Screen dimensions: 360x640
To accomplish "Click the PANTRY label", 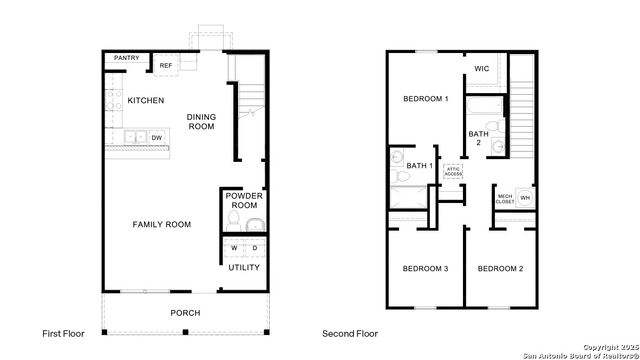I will (x=126, y=58).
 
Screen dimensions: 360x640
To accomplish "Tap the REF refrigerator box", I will (x=166, y=66).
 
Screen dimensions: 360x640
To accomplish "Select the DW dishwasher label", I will (x=157, y=137).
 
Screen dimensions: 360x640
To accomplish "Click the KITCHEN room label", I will (x=146, y=100).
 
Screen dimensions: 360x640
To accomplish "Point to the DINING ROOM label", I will (x=202, y=122).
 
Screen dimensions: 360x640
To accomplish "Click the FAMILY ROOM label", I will (x=162, y=225).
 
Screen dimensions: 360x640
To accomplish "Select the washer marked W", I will (x=234, y=248).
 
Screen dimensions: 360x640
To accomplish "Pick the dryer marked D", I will (x=254, y=248).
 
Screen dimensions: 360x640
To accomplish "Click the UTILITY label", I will (x=244, y=267).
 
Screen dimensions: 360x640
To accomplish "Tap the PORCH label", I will (x=185, y=313).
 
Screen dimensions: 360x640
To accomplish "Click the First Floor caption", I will (x=63, y=333).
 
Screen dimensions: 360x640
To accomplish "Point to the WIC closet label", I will (x=481, y=69).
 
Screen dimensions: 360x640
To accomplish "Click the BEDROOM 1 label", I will (x=425, y=99).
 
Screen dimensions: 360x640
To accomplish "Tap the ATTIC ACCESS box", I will (x=453, y=171).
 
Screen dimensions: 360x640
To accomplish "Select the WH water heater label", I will (x=524, y=198).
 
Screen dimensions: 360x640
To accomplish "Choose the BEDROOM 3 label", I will (x=425, y=269).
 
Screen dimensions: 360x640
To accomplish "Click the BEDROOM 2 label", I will (x=499, y=269).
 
